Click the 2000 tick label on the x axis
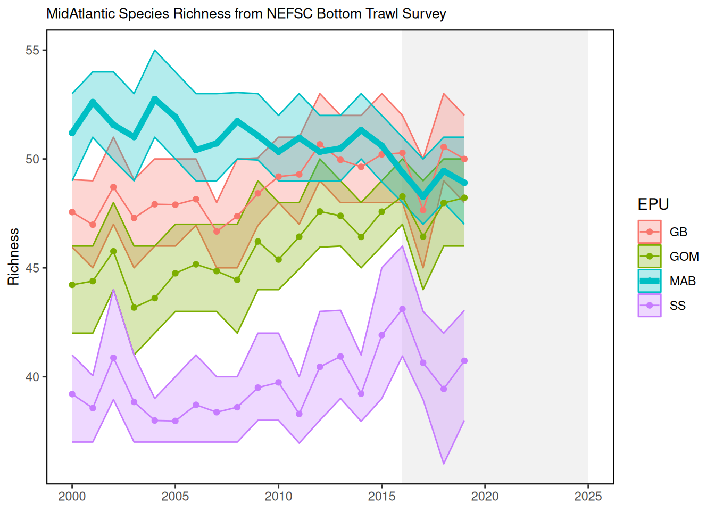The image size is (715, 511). coord(72,497)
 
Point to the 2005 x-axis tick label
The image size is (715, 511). coord(175,497)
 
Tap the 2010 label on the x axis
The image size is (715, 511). coord(278,497)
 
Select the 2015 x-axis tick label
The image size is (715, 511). coord(381,497)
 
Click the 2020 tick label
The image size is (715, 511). coord(485,497)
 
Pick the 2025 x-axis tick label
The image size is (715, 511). coord(588,497)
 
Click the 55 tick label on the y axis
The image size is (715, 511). coord(32,50)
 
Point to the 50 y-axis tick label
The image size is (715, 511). coord(32,159)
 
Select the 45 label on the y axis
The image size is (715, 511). coord(32,268)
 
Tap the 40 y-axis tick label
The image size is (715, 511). coord(32,377)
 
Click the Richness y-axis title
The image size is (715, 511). coord(14,257)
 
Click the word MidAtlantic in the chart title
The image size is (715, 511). coord(81,14)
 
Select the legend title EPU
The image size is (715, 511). coord(653,204)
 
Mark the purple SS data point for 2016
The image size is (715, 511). coord(402,309)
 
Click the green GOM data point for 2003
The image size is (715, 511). coord(134,308)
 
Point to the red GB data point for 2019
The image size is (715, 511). coord(464,159)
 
